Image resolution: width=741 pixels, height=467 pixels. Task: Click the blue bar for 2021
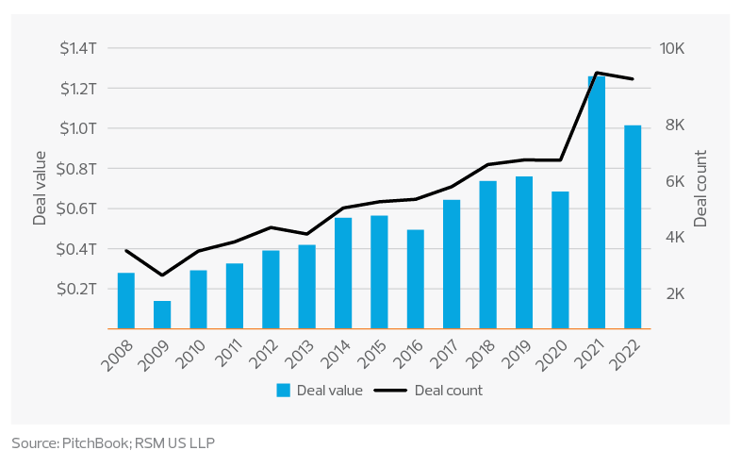596,202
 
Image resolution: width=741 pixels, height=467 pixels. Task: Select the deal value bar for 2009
162,315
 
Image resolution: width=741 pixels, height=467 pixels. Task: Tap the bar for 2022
632,226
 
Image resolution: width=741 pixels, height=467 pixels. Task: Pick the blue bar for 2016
415,279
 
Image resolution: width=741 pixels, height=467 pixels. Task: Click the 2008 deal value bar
126,301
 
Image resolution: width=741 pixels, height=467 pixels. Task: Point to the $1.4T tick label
80,48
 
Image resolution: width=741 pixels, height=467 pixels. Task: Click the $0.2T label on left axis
80,289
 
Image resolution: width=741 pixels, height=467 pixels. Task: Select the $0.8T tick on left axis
80,169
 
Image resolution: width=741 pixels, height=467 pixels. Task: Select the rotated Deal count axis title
701,189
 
